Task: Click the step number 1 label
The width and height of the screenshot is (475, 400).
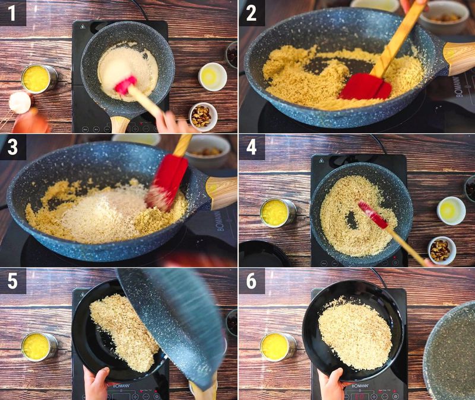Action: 12,12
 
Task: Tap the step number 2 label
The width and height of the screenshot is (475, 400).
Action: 252,12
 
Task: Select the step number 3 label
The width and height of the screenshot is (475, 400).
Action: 12,146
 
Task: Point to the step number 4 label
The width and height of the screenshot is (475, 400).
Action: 252,146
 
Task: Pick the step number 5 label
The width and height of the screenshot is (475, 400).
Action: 12,280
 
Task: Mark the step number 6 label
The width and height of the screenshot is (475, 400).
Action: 252,280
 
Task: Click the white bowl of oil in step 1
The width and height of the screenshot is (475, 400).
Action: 212,76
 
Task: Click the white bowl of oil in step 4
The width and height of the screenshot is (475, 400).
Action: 451,210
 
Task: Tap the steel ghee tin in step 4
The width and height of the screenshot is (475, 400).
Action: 277,212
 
